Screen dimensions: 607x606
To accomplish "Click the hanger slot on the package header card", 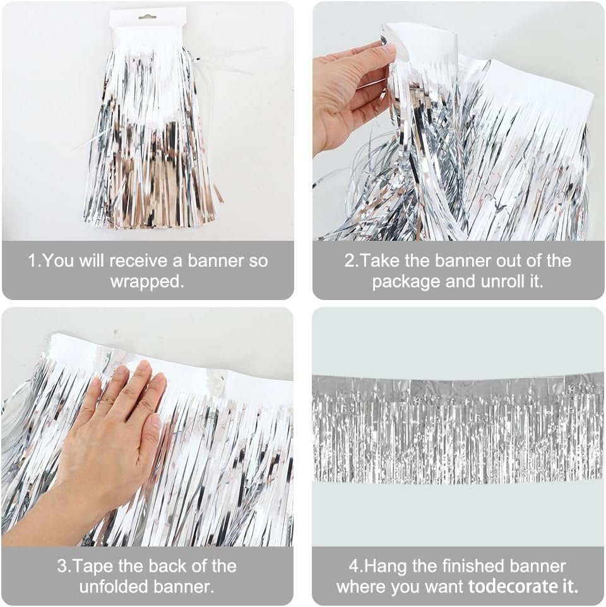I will (x=148, y=16).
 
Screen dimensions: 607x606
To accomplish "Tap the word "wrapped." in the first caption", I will (x=147, y=282).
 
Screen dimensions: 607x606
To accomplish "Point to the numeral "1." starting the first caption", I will (x=35, y=261).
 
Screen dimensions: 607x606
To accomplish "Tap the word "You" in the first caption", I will (x=59, y=261).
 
